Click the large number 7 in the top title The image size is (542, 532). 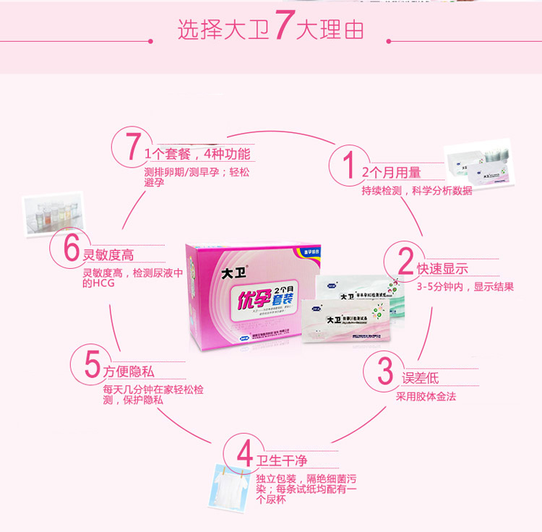pos(284,28)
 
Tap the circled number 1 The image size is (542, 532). pos(348,163)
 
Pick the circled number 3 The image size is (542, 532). pos(385,369)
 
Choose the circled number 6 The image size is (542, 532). pos(71,247)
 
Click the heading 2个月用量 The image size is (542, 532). pos(391,173)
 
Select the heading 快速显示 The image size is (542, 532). pos(442,269)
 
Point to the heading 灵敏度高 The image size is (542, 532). pos(108,255)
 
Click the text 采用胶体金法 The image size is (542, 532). pos(426,397)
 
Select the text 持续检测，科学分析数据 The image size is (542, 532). pos(417,191)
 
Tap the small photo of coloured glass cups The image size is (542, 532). pos(52,210)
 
